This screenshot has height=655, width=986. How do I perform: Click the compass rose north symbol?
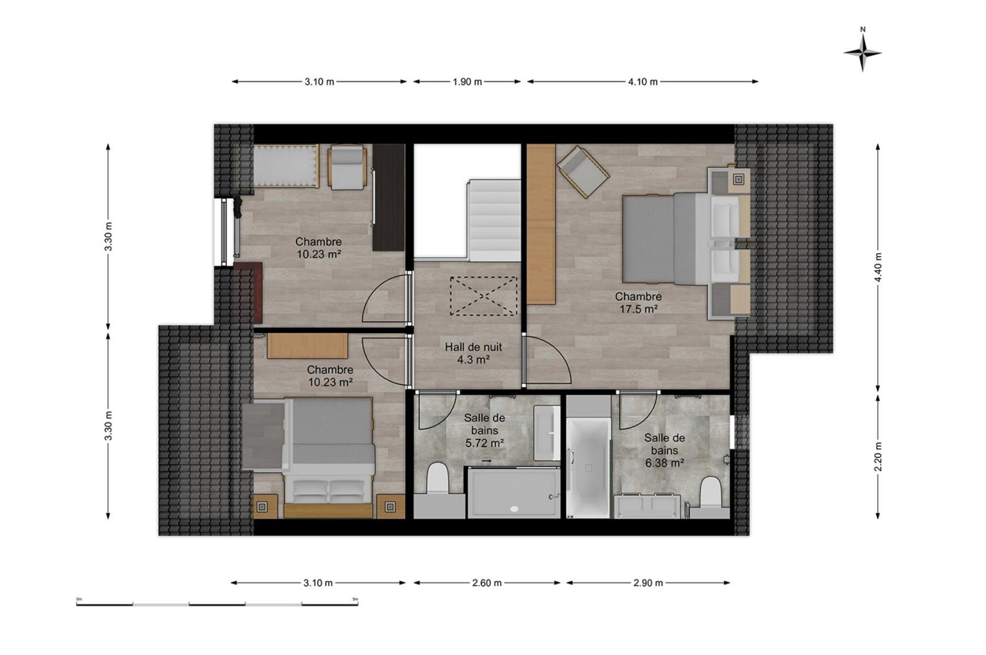pos(862,53)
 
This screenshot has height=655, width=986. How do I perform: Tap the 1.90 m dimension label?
pos(467,82)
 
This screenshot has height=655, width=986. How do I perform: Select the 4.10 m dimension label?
pos(643,82)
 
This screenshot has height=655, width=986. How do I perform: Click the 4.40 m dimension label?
pos(878,268)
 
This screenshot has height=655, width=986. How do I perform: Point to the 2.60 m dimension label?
pos(487,583)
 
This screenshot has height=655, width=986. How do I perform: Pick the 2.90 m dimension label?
pos(648,583)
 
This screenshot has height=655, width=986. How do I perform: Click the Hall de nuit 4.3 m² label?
pos(473,353)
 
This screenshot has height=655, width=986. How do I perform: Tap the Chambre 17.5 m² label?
pos(638,303)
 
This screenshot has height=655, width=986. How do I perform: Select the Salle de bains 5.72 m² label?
pos(485,430)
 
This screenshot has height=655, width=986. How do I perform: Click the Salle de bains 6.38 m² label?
pos(664,450)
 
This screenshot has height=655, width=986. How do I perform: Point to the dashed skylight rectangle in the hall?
pos(483,296)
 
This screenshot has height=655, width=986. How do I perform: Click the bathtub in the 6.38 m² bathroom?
pos(588,468)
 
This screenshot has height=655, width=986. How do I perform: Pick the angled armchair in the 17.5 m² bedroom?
pos(583,172)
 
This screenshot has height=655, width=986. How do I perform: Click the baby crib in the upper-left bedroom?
pos(286,166)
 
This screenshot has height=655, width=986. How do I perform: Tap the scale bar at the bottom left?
pos(217,604)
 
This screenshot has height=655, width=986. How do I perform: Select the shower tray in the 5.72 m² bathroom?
pos(514,493)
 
